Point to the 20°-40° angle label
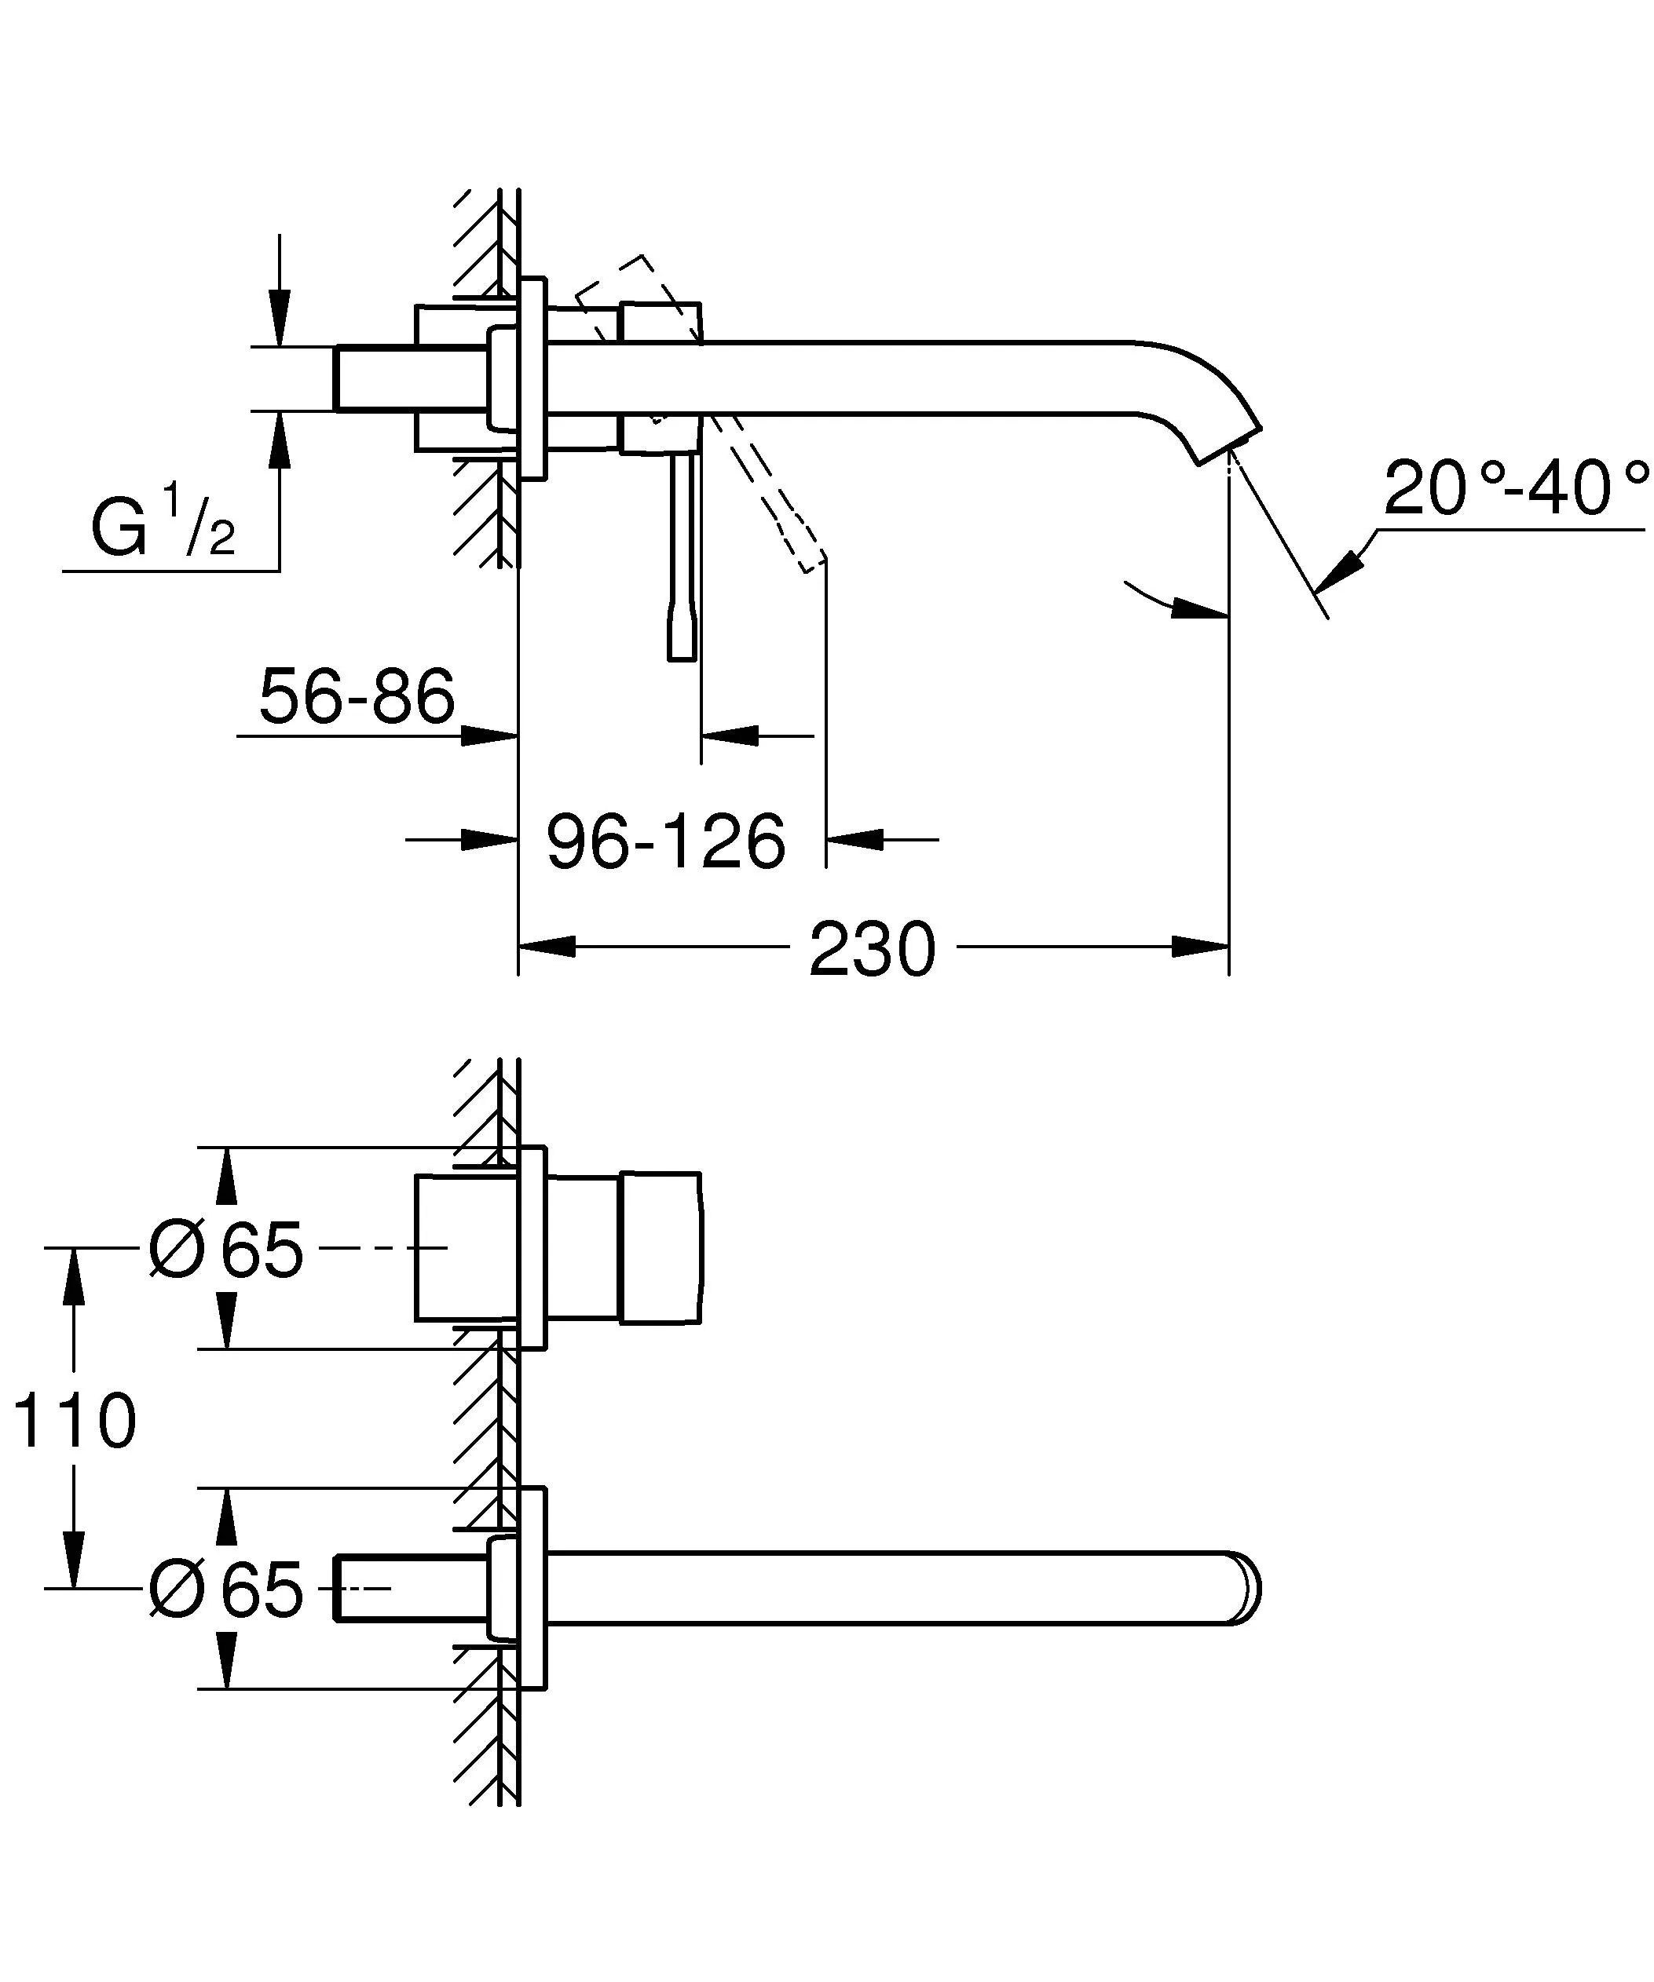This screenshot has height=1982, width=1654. [x=1515, y=489]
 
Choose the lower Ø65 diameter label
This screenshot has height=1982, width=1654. [x=226, y=1590]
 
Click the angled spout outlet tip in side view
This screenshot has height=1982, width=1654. [x=1228, y=443]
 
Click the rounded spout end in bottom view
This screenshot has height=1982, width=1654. [x=1248, y=1589]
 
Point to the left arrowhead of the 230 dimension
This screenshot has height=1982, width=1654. [x=547, y=946]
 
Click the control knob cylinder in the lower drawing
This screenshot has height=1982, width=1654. [x=661, y=1248]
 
